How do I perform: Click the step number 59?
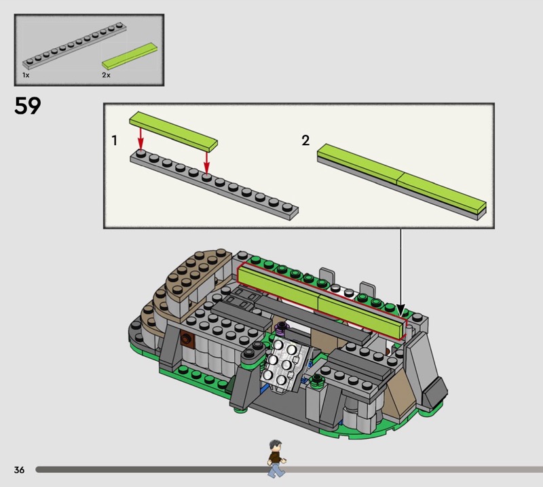click(x=28, y=106)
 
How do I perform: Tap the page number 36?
click(x=20, y=469)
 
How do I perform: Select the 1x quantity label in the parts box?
click(x=26, y=75)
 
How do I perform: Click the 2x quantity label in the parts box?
click(x=106, y=75)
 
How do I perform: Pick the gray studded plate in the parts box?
click(x=75, y=45)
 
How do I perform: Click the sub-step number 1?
click(x=114, y=140)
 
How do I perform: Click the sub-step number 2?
click(x=305, y=140)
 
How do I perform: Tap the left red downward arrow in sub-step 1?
click(x=141, y=138)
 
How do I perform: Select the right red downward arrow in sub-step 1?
click(x=206, y=162)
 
